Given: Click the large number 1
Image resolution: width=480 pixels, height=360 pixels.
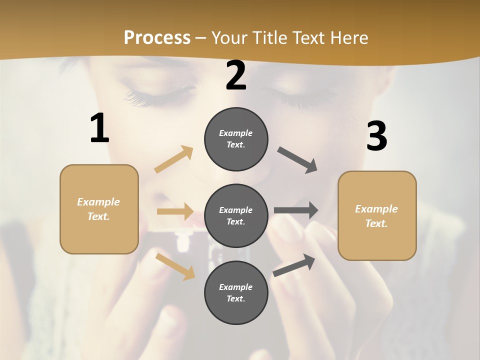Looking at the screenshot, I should click(x=99, y=128).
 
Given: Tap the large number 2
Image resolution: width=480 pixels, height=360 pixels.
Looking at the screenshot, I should click(x=236, y=75).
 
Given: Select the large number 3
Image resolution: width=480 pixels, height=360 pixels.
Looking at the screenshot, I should click(x=376, y=136).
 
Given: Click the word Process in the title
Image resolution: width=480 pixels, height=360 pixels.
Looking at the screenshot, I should click(x=157, y=38).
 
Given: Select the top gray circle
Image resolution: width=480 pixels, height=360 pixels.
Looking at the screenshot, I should click(x=236, y=139).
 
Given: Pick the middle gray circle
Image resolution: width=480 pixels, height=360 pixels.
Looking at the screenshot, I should click(x=236, y=216).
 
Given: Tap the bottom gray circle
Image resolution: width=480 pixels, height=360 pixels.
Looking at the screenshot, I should click(x=236, y=293).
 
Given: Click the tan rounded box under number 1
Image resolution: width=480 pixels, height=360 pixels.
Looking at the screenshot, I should click(x=99, y=209).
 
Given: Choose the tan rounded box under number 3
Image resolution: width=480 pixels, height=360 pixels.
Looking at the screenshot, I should click(x=377, y=216).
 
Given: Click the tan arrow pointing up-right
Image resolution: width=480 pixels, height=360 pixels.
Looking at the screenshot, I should click(x=174, y=159).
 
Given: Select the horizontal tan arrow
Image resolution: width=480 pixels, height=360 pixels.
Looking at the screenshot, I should click(x=175, y=211).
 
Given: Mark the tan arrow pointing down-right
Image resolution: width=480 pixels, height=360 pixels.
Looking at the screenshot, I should click(x=175, y=266).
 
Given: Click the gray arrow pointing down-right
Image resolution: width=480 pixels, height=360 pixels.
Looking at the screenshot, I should click(x=297, y=160).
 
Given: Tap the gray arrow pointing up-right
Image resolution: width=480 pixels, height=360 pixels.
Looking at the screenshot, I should click(x=294, y=265).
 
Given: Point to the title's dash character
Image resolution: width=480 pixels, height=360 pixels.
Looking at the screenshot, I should click(x=201, y=38).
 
